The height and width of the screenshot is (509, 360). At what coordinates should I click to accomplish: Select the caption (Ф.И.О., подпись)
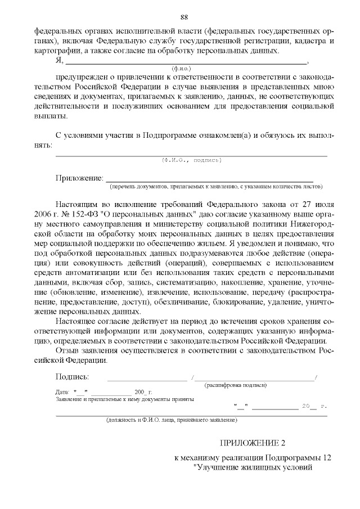coord(191,160)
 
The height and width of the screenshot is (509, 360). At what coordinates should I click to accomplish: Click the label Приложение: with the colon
coord(79,178)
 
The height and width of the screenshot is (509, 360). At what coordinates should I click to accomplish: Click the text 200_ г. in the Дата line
coord(143,391)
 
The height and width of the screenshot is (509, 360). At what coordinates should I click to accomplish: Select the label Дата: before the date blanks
coord(62,391)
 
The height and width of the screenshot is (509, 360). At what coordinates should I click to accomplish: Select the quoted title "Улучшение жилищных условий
coord(251,467)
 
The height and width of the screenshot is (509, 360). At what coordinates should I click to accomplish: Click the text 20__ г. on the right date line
coord(314,406)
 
